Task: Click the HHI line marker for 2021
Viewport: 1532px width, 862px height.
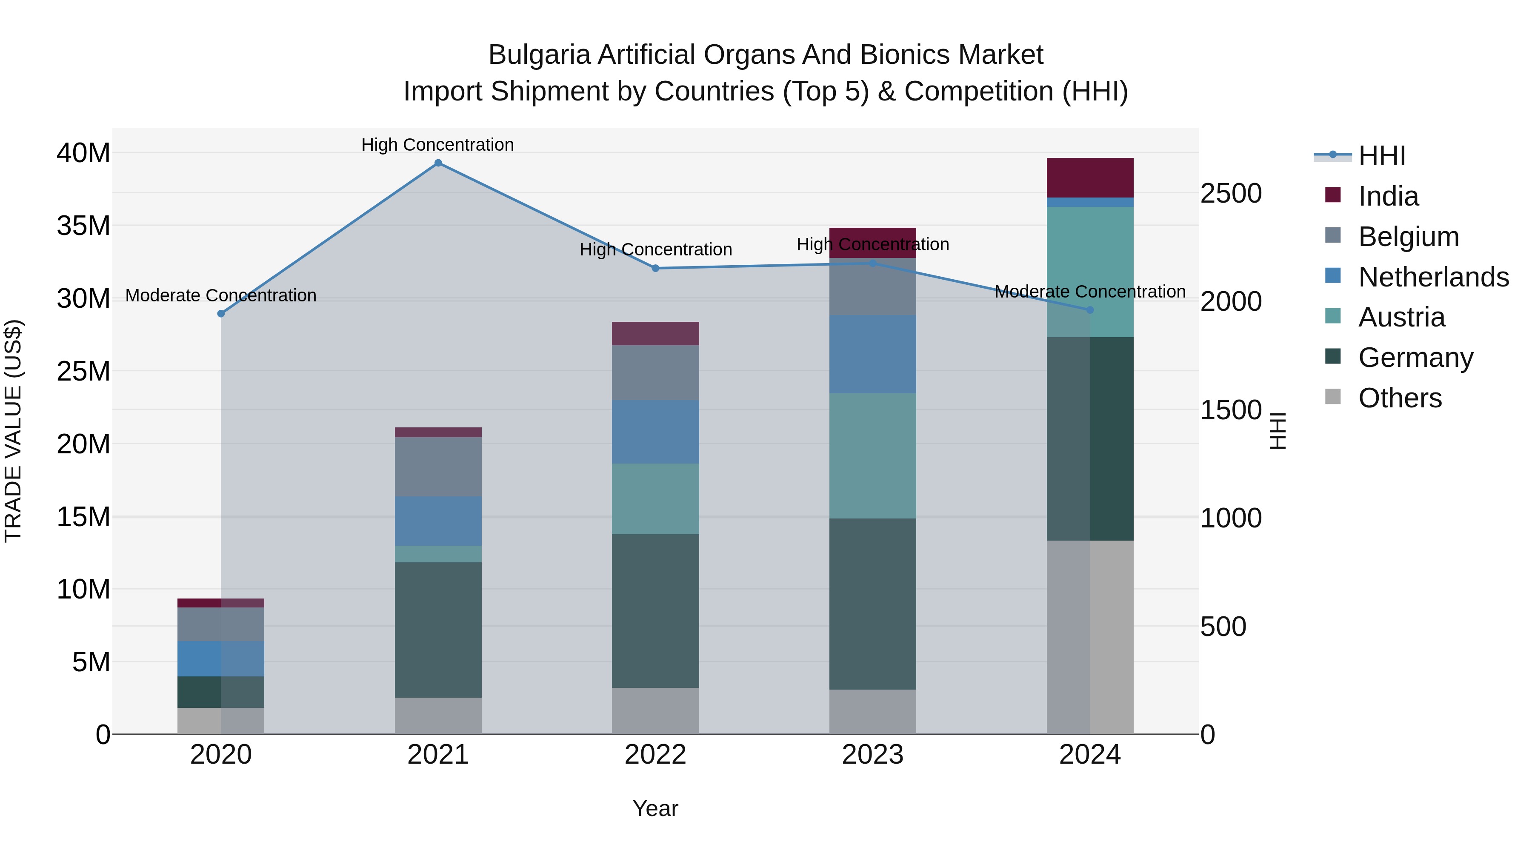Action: tap(438, 163)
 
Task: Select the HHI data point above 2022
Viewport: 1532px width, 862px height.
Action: tap(655, 268)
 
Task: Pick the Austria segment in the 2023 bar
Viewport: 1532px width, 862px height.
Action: tap(872, 455)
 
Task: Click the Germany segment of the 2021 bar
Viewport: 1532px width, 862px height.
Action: tap(438, 630)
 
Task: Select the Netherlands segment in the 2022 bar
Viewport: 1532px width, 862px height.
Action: tap(655, 432)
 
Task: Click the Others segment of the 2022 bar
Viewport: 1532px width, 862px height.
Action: tap(655, 711)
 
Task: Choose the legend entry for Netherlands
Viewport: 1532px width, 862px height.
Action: tap(1433, 277)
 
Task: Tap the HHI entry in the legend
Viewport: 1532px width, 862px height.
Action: tap(1381, 156)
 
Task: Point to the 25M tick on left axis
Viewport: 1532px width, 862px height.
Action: tap(83, 371)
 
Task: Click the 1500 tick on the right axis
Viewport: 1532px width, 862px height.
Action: tap(1230, 410)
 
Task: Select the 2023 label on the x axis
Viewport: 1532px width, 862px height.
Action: tap(872, 755)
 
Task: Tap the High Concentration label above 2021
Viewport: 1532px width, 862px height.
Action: tap(438, 145)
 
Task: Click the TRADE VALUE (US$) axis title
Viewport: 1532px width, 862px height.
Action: tap(13, 431)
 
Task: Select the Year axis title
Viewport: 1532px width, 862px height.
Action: tap(655, 808)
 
